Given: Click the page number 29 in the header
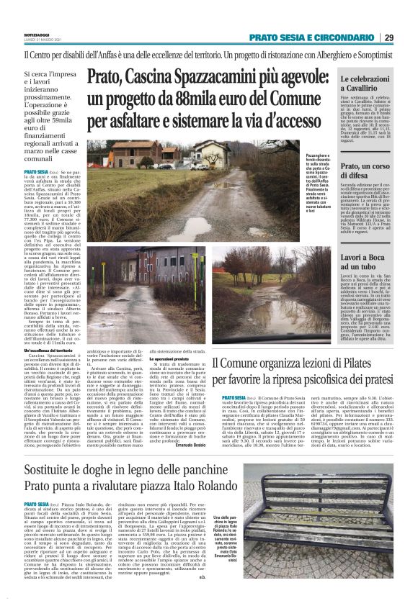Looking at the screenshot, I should pyautogui.click(x=407, y=37).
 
